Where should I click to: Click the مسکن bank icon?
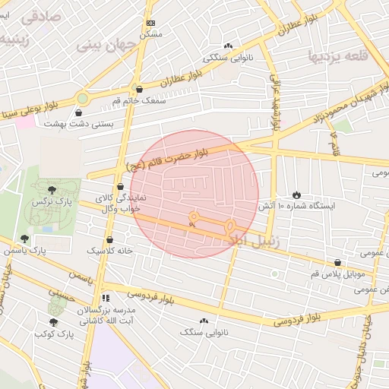[x=150, y=24]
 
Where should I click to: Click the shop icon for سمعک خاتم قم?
[x=138, y=90]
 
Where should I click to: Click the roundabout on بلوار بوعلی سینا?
[x=82, y=98]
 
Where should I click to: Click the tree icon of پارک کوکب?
[x=52, y=322]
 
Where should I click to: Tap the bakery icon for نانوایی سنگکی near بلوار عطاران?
[x=229, y=46]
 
